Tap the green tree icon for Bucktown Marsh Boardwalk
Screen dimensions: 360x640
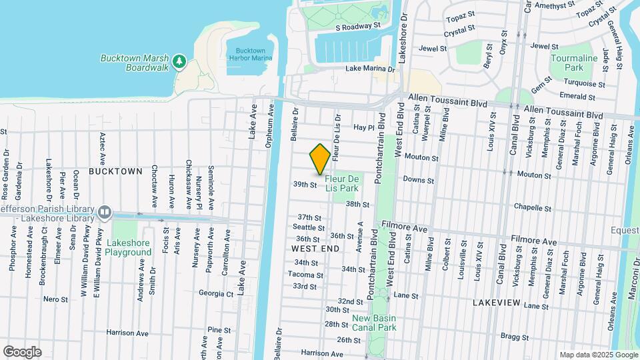[179, 62]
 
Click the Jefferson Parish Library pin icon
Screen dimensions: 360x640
[105, 212]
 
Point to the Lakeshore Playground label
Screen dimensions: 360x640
[129, 247]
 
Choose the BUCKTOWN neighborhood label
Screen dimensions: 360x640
[115, 171]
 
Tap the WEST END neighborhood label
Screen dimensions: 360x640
[315, 248]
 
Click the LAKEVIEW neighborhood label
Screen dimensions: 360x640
[495, 303]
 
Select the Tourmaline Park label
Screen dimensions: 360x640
[574, 63]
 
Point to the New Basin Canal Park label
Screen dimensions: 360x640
[374, 323]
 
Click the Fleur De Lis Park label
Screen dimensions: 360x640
[342, 183]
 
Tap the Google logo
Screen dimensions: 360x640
[22, 352]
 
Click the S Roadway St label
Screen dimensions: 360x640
[357, 27]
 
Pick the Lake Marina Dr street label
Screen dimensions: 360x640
[371, 69]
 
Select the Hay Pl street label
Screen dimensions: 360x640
[365, 127]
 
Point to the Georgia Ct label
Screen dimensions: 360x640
[216, 293]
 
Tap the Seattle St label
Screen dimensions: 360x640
[309, 227]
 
